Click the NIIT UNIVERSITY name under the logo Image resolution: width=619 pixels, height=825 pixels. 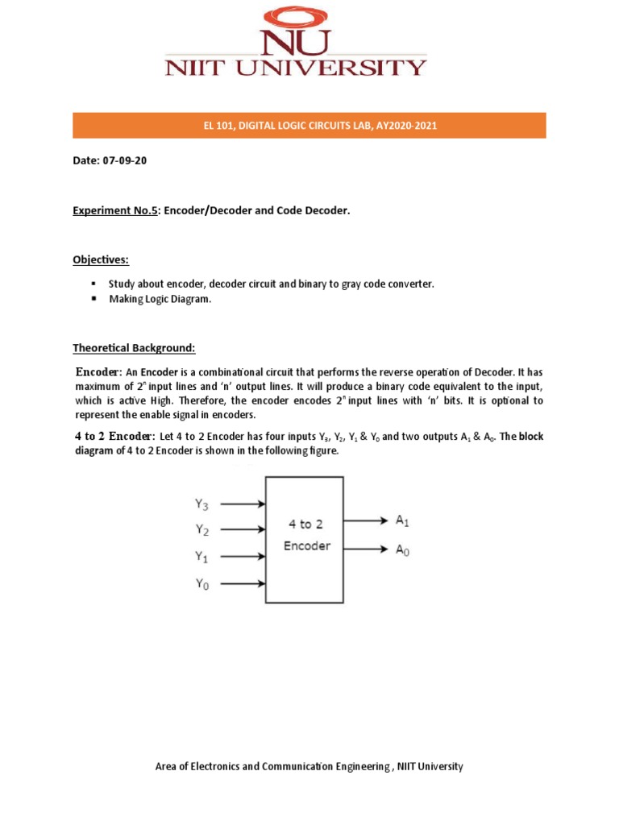click(x=296, y=68)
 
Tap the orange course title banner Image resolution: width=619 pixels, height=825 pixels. click(x=309, y=126)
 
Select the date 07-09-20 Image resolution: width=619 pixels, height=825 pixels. click(x=124, y=160)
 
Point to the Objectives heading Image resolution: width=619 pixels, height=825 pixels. click(x=101, y=259)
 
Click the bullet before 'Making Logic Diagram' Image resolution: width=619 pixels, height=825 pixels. click(x=93, y=299)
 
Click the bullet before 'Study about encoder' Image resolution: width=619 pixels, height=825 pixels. click(x=93, y=284)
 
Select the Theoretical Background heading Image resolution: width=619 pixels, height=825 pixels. click(x=135, y=348)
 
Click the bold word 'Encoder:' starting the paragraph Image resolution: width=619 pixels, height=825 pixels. click(x=99, y=372)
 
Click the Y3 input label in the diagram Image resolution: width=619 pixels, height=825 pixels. click(x=201, y=504)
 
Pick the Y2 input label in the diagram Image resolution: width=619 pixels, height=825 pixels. click(x=201, y=530)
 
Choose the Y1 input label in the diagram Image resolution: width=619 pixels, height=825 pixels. click(x=201, y=557)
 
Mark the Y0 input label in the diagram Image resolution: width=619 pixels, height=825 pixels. click(x=201, y=584)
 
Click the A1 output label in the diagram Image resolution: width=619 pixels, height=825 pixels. click(x=402, y=521)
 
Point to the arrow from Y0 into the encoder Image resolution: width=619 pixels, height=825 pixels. click(x=243, y=583)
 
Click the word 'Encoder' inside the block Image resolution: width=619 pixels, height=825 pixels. click(x=306, y=545)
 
